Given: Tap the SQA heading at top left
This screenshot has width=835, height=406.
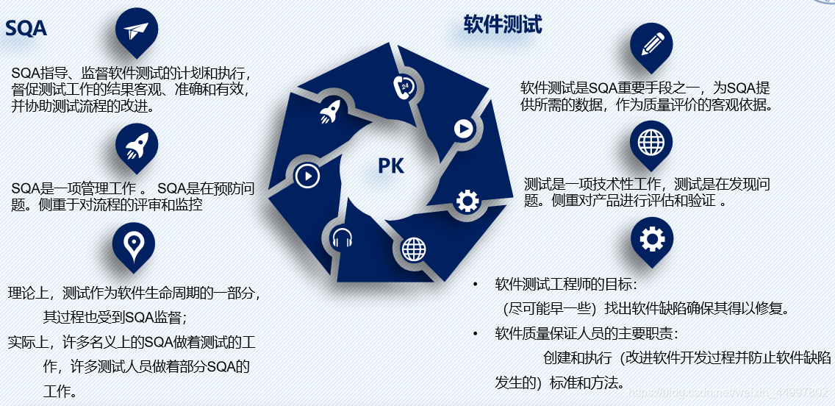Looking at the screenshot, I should point(26,29).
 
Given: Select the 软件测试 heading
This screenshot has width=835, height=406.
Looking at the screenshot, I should point(503,26).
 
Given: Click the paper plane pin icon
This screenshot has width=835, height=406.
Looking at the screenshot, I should point(137,31).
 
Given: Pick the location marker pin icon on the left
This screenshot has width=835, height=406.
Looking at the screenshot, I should point(134,244).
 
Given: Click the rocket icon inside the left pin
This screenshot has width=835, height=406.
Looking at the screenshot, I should point(137,145).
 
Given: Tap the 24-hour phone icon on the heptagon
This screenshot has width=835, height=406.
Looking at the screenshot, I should point(404,86).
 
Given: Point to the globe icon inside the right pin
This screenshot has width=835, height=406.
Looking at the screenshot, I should point(651,140).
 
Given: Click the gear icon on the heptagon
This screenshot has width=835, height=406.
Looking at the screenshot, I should point(467,201).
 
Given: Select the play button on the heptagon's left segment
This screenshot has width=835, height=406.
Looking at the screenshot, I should point(307,176).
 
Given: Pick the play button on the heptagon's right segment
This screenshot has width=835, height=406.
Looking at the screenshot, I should point(463,129).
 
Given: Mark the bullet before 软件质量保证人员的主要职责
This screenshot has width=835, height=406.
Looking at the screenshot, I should point(476,334).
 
